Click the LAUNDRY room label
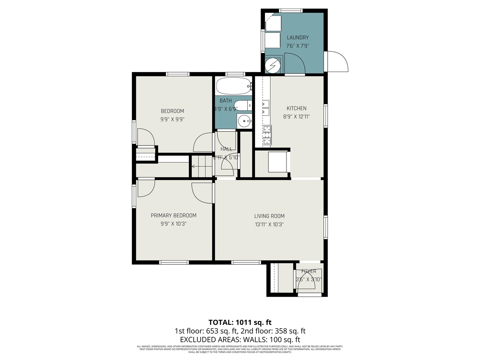297,37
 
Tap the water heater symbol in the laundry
272,66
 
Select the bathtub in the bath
234,86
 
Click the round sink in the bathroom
244,121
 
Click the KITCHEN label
296,108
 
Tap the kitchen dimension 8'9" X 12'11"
296,117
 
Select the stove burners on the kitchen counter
267,135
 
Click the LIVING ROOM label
269,216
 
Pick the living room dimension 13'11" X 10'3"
269,225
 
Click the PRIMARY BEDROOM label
173,216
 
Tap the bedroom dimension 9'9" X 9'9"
172,120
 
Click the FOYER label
309,271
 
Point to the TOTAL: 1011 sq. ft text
240,322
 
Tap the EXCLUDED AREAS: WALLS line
240,340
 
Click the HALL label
226,149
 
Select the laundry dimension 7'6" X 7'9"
297,46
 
